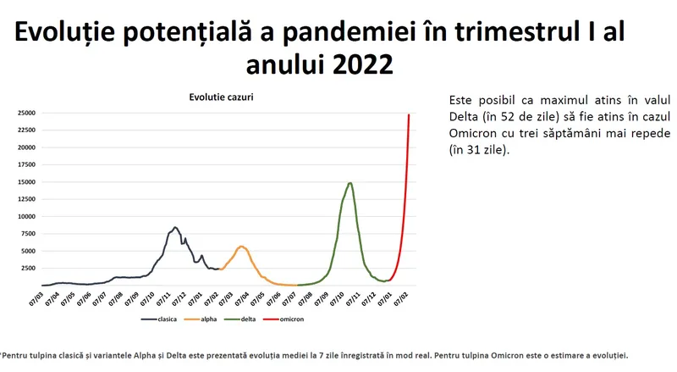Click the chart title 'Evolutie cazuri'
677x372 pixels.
coord(221,97)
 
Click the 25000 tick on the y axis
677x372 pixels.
coord(26,113)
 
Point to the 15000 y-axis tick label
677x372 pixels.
coord(26,182)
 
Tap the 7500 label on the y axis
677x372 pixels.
coord(28,234)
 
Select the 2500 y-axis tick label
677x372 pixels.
coord(28,268)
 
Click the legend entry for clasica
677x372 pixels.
coord(159,319)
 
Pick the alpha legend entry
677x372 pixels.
coord(201,319)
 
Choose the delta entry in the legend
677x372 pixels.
coord(240,319)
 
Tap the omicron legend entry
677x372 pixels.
coord(283,319)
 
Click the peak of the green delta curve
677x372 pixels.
coord(350,183)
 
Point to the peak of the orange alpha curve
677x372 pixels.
coord(242,247)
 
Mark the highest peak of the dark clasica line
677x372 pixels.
coord(175,227)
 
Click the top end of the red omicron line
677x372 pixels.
coord(409,114)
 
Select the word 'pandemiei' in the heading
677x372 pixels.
coord(355,32)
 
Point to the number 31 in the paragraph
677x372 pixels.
coord(473,150)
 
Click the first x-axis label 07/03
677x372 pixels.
coord(36,299)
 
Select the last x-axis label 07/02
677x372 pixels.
coord(400,299)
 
